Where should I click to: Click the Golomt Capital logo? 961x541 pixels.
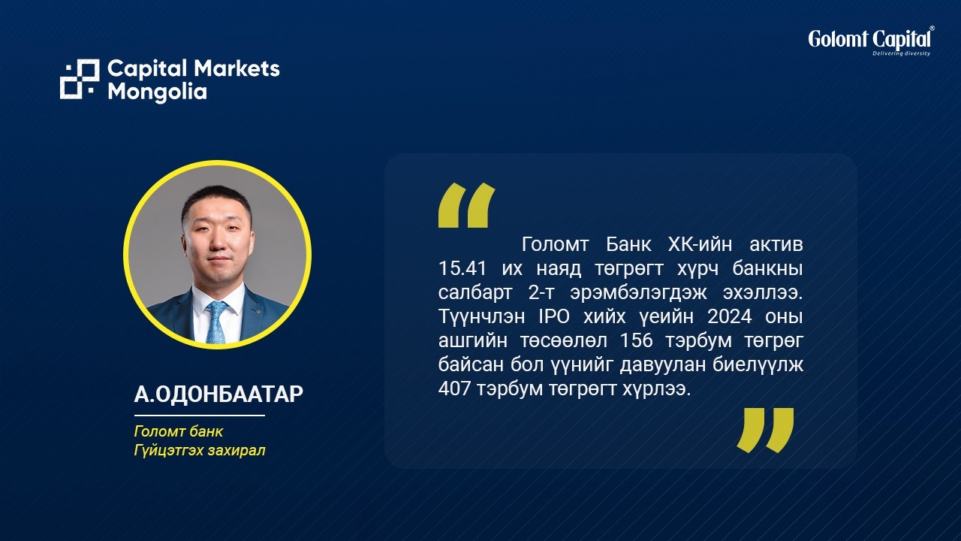coord(871,41)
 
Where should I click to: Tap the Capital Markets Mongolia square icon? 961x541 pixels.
coord(80,79)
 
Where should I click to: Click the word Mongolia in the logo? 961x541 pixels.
coord(157,92)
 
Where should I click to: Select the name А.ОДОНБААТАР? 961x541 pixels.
coord(218,394)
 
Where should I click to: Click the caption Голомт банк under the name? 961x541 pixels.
coord(179,431)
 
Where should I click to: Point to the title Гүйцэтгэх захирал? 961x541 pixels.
coord(200,450)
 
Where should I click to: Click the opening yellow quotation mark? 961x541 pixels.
coord(466,205)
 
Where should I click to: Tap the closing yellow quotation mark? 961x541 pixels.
coord(765,431)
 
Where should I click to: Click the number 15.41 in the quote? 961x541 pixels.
coord(462,268)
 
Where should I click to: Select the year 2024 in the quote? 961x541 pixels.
coord(729,316)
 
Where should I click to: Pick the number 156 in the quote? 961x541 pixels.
coord(637,340)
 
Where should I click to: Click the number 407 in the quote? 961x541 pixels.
coord(454,388)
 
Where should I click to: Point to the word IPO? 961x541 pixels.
coord(554,316)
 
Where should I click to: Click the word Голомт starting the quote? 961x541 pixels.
coord(555,244)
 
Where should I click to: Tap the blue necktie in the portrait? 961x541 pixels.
coord(216,322)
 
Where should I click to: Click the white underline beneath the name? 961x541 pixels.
coord(200,416)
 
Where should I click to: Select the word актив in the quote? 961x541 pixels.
coord(776,244)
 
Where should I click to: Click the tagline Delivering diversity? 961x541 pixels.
coord(901,53)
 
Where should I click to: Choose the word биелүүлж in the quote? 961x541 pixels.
coord(758,364)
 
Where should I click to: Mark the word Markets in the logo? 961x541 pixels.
coord(236,68)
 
